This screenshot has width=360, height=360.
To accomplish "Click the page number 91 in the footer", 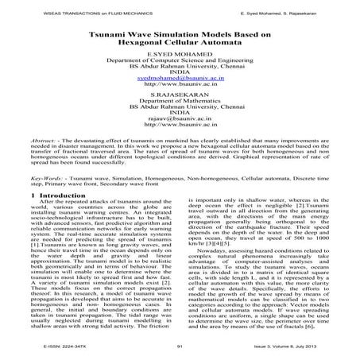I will pos(179,347).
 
